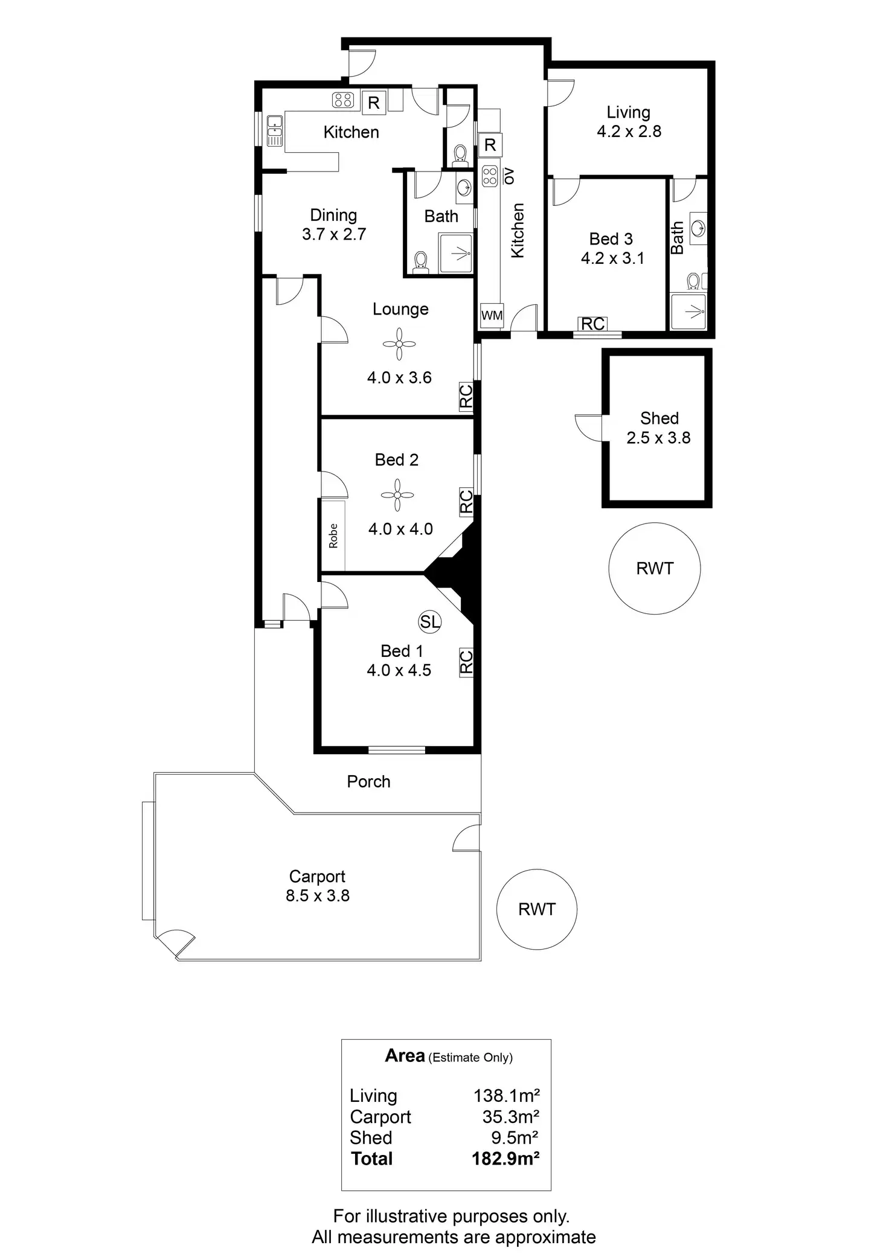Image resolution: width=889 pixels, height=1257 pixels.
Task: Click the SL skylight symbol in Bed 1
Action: [430, 622]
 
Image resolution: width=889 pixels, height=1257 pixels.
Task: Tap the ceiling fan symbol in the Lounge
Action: [399, 344]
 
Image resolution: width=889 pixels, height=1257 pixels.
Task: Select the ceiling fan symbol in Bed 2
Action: [397, 495]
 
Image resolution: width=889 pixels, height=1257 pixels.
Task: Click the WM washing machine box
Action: [492, 315]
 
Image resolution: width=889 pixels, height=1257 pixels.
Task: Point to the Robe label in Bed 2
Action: [333, 536]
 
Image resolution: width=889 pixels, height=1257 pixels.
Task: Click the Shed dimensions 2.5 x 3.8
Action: [658, 438]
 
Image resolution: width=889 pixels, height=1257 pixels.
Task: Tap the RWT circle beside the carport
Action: [536, 909]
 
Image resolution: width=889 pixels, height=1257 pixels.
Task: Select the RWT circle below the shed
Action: [655, 568]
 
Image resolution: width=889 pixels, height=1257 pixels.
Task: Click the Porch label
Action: [368, 782]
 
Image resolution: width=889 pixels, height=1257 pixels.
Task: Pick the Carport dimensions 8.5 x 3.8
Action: [318, 895]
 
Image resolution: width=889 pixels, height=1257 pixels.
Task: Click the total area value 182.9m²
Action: [505, 1159]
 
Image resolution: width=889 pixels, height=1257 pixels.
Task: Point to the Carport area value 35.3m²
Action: [510, 1117]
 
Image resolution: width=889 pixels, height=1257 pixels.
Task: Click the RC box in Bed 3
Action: [592, 324]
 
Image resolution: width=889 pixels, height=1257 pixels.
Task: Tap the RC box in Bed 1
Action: [466, 662]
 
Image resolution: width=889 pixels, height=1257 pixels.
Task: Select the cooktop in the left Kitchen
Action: [343, 100]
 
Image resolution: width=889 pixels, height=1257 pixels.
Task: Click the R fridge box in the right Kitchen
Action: [490, 145]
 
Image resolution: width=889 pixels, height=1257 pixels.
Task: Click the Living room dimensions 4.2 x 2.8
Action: [629, 132]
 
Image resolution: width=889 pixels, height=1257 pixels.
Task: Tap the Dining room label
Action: [333, 216]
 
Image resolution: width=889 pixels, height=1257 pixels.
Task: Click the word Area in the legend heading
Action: [405, 1055]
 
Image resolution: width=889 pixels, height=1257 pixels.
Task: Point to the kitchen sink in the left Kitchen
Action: [275, 130]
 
